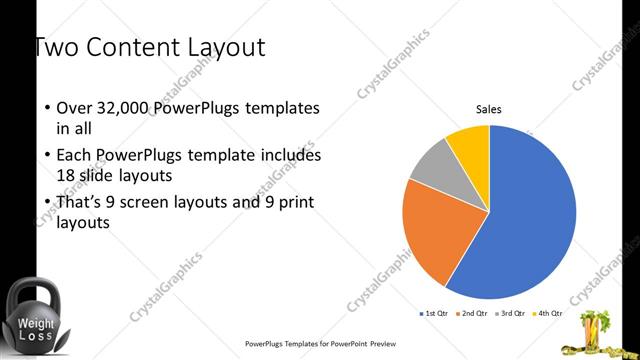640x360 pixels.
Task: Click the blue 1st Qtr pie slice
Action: point(530,220)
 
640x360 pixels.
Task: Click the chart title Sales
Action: point(488,110)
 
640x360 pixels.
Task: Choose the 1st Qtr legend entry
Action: point(433,314)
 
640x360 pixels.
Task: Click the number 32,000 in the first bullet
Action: point(128,107)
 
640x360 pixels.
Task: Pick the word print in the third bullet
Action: point(296,202)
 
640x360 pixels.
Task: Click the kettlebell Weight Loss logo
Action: point(34,317)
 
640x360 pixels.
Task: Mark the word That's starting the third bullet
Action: point(80,202)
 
